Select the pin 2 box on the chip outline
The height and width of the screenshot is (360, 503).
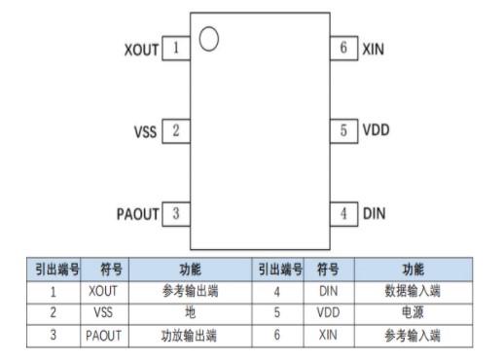point(176,129)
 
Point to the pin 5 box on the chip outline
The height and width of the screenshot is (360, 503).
point(343,129)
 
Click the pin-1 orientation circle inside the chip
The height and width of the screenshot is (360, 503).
point(208,39)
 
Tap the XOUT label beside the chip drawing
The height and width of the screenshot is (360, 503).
point(141,49)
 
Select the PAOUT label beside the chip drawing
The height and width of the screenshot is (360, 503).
point(136,213)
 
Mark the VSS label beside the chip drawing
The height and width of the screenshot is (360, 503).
point(146,130)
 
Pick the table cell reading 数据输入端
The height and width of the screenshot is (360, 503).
point(413,290)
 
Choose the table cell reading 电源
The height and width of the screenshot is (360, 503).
point(413,312)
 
